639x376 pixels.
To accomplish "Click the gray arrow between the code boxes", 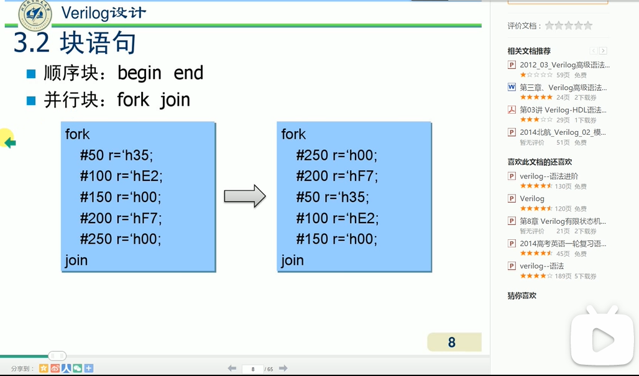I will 244,196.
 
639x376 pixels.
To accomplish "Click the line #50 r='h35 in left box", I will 116,155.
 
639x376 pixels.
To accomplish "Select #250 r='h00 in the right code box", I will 336,155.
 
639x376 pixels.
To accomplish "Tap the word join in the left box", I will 76,260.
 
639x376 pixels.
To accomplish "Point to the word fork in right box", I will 293,134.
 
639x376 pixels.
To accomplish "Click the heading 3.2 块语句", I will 75,43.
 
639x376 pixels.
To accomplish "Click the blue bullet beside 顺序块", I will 31,74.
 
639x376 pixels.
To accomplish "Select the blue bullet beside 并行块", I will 31,100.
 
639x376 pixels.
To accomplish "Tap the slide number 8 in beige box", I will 452,342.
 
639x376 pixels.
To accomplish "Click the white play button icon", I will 602,339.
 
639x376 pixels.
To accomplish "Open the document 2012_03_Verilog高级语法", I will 564,65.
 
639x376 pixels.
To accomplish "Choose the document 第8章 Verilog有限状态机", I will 563,221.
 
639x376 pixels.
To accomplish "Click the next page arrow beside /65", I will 283,369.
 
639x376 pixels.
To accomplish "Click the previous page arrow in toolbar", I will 232,369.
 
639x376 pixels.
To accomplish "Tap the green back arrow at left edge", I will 9,143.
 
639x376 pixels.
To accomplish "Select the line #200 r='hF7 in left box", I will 121,218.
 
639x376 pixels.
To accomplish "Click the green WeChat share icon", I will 78,369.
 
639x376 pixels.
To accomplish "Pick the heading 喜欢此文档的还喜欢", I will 540,162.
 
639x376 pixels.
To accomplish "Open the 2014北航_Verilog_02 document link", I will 563,132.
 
